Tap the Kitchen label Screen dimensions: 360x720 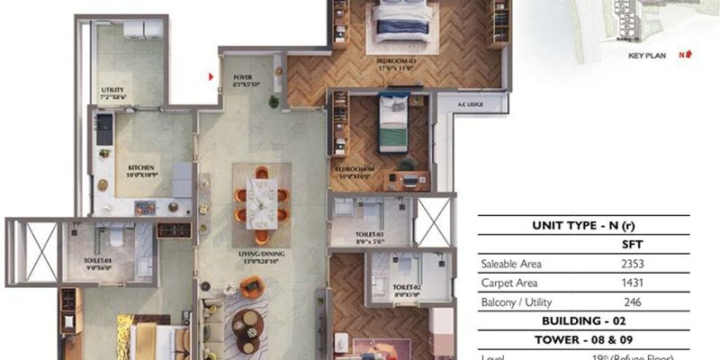141,170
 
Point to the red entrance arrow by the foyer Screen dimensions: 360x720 211,77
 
